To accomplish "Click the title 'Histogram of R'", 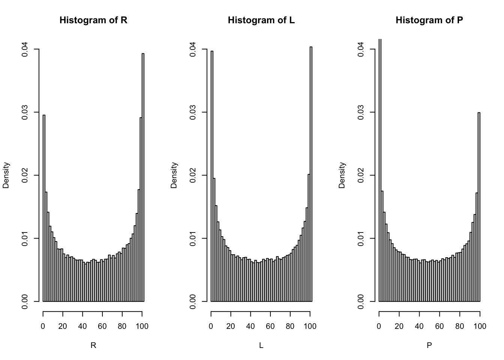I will click(93, 20).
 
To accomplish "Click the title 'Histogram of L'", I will click(261, 20).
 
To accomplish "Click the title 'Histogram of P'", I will click(429, 20).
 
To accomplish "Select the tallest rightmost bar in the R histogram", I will click(143, 176).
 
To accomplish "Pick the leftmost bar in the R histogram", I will click(44, 208).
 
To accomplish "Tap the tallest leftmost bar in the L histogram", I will click(212, 176).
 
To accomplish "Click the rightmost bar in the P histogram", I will click(479, 206).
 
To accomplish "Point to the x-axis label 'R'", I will click(93, 346).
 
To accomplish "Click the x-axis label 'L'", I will click(261, 346).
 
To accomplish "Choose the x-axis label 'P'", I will click(429, 346).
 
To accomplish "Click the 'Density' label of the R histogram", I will click(6, 175).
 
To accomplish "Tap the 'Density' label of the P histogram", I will click(342, 175).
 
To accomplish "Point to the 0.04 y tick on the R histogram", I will click(25, 49).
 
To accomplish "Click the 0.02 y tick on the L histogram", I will click(193, 175).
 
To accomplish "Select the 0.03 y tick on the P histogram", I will click(361, 112).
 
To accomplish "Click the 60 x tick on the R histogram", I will click(102, 326).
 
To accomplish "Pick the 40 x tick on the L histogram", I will click(250, 326).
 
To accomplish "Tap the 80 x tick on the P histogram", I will click(459, 326).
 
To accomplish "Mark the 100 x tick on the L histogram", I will click(310, 326).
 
